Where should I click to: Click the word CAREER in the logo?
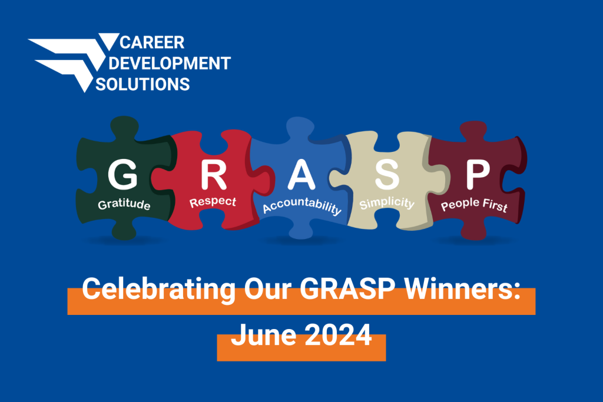(x=152, y=43)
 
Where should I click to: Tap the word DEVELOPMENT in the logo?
(x=175, y=63)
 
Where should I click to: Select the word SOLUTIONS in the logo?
(x=143, y=84)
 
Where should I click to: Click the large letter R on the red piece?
(x=213, y=174)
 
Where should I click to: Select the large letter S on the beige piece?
(x=387, y=174)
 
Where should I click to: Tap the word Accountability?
(x=301, y=208)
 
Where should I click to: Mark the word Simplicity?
(x=387, y=204)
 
